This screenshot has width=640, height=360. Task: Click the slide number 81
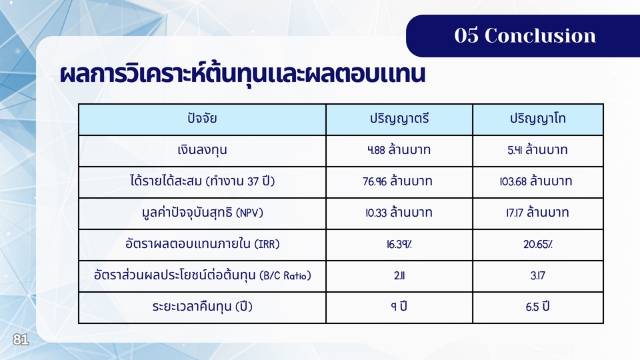(x=21, y=339)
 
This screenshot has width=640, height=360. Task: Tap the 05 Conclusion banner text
(x=525, y=35)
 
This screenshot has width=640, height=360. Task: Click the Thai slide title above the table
(x=243, y=74)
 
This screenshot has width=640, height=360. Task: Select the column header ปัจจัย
(x=202, y=119)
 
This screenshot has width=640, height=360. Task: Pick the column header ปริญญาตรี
(x=399, y=119)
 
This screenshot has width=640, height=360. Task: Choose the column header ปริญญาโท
(x=537, y=119)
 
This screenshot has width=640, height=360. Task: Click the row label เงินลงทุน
(x=202, y=150)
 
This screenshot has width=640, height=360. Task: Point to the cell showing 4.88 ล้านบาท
(x=399, y=150)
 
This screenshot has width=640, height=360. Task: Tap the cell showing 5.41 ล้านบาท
(x=537, y=150)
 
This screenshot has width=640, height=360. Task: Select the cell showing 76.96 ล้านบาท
(x=397, y=181)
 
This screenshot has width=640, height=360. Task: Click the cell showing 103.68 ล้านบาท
(x=536, y=181)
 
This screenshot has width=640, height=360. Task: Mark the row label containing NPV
(x=202, y=213)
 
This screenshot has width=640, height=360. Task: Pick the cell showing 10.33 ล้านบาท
(x=399, y=213)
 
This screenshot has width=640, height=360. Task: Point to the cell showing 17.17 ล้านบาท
(x=537, y=213)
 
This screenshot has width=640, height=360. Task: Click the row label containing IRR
(x=202, y=244)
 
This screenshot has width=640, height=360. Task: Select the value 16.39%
(x=399, y=244)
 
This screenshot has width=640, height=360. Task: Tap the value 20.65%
(x=538, y=244)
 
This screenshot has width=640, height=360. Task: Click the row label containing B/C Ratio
(x=202, y=275)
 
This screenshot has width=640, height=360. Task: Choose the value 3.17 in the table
(x=537, y=275)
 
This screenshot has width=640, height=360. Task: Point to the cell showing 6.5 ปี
(x=537, y=307)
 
